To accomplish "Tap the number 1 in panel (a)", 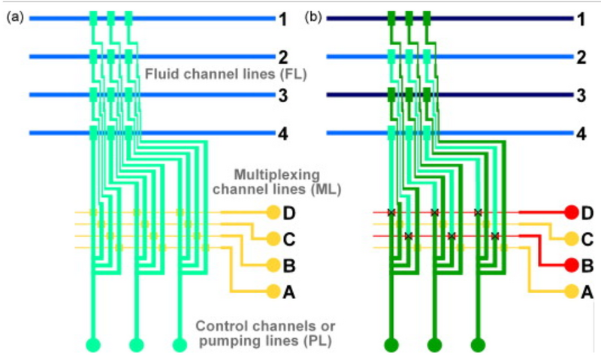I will (x=282, y=19).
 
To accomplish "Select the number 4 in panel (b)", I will (x=581, y=135).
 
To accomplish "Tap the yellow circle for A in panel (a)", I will (x=272, y=291).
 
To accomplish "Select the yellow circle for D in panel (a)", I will (x=272, y=213).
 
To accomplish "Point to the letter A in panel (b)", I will (x=587, y=292).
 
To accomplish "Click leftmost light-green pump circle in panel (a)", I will (x=92, y=346).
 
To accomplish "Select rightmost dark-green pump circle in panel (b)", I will (x=478, y=346).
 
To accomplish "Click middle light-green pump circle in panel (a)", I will (x=136, y=346).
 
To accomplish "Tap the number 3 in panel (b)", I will (x=581, y=95).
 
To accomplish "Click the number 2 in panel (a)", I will (x=282, y=56).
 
